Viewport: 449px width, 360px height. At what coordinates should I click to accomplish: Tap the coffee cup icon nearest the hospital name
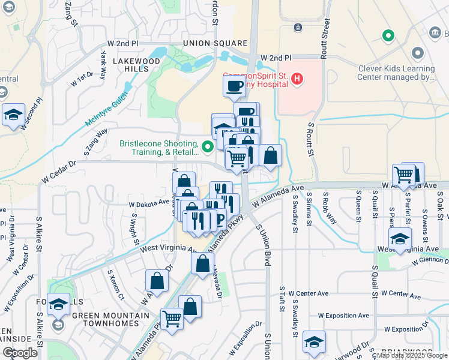coord(234,86)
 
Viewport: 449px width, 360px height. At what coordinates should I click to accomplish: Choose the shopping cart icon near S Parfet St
coord(404,175)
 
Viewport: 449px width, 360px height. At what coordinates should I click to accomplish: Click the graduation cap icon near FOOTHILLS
coord(58,304)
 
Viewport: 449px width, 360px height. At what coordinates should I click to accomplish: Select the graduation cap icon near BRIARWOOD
coord(314,342)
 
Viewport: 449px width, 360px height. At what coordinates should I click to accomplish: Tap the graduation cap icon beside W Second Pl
coord(13,115)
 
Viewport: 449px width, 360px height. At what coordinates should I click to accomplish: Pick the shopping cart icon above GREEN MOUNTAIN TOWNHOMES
coord(172,318)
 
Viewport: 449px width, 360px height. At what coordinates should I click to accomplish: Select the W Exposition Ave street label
coord(343,315)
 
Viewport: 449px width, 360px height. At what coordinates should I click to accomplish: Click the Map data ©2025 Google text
coord(411,355)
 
